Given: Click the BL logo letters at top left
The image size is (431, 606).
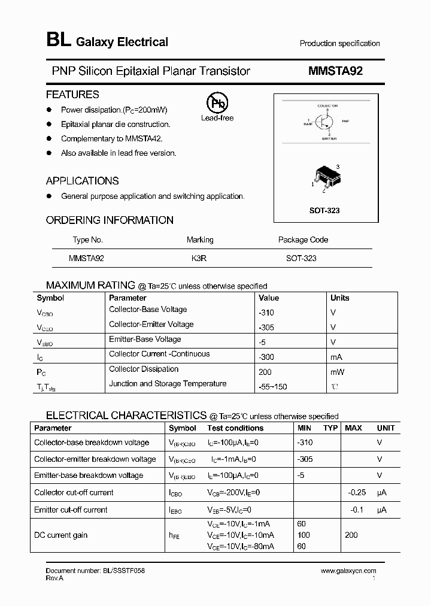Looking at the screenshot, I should pos(58,40).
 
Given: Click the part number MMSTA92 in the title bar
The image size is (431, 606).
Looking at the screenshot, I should pos(335,71).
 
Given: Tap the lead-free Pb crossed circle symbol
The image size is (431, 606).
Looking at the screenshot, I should pos(217,104).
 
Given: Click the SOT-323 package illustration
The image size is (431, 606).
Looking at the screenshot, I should pos(326,177).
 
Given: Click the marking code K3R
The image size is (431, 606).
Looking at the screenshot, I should pos(199,258).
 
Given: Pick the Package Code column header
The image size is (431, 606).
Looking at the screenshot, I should pos(303,240).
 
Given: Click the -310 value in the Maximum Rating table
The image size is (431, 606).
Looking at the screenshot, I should pos(266,313).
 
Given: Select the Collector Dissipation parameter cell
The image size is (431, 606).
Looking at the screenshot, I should pos(144,369).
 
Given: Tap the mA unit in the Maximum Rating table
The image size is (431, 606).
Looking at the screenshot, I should pos(336,357).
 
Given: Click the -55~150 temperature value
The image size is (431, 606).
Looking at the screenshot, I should pos(272,387).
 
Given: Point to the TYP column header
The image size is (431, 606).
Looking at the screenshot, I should pos(330,428).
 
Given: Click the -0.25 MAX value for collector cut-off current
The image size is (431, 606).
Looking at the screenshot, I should pos(357,492).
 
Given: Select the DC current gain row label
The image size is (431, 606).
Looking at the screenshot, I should pos(61,535).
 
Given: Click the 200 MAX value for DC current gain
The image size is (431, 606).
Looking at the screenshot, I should pos(351,535).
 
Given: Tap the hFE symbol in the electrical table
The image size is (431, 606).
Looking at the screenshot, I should pos(175,535).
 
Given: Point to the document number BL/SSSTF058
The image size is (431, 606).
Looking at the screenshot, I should pos(95,571).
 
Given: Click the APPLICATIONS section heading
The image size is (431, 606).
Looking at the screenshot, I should pos(83,181).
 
